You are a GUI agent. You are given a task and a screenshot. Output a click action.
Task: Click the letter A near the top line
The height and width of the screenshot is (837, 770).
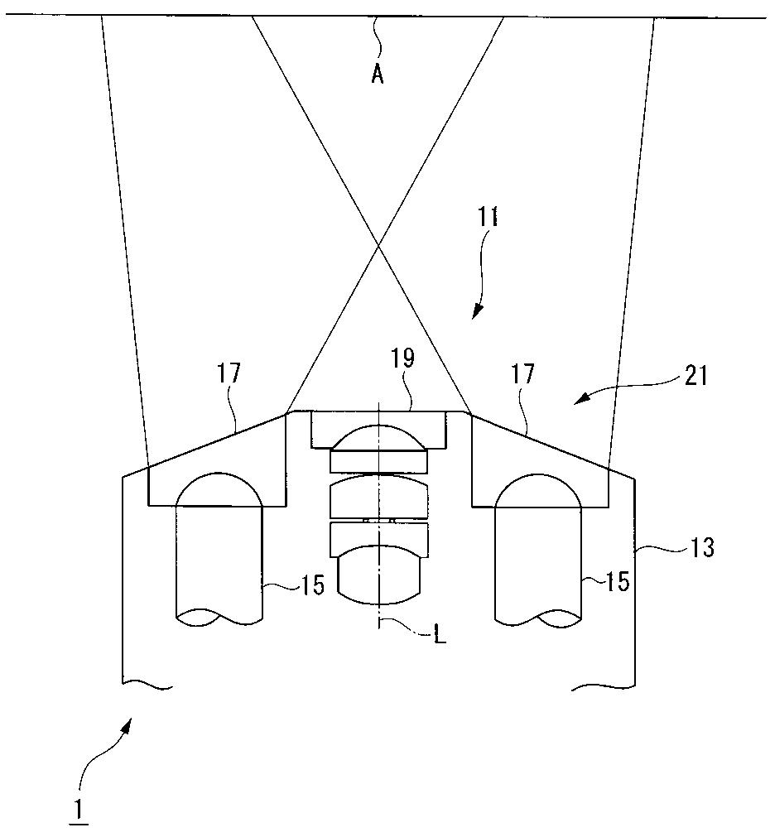[378, 75]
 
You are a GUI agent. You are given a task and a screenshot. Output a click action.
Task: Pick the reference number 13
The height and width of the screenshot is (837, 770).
[702, 547]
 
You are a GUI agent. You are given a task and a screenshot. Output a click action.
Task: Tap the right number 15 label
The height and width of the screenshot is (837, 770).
[617, 581]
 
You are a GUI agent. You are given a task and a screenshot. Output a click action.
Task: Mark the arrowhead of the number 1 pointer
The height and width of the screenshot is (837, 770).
[128, 724]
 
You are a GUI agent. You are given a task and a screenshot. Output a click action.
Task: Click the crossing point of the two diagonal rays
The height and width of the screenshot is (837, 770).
[378, 245]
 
